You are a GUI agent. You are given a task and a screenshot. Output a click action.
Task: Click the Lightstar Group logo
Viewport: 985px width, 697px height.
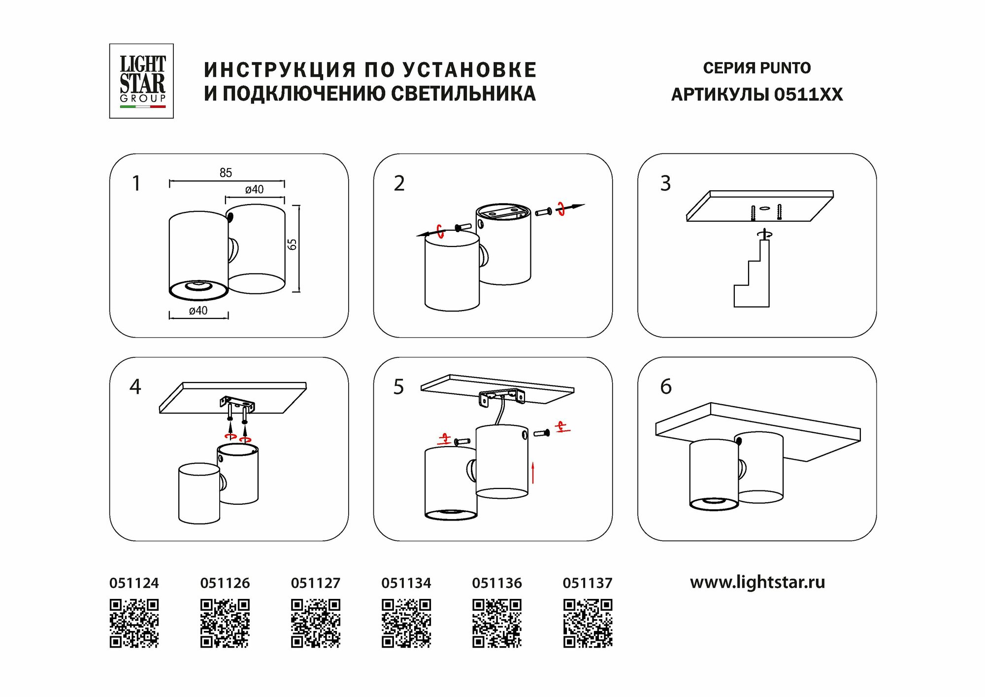(141, 81)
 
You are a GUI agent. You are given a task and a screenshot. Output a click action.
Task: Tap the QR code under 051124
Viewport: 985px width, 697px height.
(134, 623)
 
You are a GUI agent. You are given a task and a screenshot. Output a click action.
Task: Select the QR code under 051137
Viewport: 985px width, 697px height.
(588, 623)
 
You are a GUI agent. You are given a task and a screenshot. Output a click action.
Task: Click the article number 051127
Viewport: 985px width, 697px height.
(316, 583)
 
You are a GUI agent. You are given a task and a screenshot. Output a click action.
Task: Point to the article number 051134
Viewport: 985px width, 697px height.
(406, 583)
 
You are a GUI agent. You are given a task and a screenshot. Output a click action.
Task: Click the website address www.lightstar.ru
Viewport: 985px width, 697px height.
(757, 582)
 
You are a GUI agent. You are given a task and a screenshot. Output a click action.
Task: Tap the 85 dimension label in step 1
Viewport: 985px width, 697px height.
(226, 173)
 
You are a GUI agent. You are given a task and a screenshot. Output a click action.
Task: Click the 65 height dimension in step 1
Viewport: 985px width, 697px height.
(293, 244)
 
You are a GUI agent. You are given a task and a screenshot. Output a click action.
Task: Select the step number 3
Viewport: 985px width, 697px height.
(665, 183)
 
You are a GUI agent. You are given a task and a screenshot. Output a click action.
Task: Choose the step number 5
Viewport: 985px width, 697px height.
(398, 387)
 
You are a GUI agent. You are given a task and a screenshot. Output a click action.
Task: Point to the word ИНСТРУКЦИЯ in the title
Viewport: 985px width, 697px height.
(280, 70)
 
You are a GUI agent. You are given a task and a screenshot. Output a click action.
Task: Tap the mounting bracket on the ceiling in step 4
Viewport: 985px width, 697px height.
(237, 404)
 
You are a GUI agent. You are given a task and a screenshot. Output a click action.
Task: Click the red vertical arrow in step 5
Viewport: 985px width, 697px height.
(533, 473)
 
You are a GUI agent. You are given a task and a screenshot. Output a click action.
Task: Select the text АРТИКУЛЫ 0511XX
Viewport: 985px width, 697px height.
(757, 94)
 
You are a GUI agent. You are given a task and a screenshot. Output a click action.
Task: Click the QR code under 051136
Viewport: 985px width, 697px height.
(497, 623)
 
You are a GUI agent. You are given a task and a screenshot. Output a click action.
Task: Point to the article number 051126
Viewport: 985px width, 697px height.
(225, 583)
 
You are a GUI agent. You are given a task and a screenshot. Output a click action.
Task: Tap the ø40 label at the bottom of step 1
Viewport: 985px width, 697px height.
(198, 311)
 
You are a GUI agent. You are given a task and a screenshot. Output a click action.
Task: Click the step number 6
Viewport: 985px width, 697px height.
(666, 387)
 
